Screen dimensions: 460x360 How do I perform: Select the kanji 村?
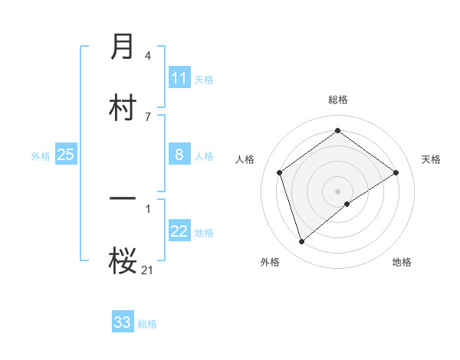tap(123, 108)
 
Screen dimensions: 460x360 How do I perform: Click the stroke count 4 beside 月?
tap(147, 56)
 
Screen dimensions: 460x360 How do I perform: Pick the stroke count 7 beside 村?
tap(147, 116)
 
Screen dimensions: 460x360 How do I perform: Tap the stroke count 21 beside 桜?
tap(147, 269)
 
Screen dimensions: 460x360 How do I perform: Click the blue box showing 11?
tap(179, 78)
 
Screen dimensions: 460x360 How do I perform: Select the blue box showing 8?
tap(179, 155)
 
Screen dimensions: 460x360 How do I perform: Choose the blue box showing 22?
tap(179, 231)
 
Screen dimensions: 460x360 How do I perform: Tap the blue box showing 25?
tap(66, 155)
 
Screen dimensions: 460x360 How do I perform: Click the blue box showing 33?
tap(123, 322)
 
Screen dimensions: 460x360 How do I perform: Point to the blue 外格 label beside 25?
tap(41, 155)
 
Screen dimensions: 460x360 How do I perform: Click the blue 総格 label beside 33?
tap(147, 323)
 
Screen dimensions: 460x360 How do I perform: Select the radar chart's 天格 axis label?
tap(431, 159)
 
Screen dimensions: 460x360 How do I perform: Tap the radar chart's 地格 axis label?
tap(402, 262)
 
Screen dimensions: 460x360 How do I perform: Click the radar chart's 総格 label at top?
tap(338, 100)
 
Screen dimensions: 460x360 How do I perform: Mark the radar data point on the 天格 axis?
tap(396, 172)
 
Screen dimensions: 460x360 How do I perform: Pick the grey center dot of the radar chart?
tap(338, 191)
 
